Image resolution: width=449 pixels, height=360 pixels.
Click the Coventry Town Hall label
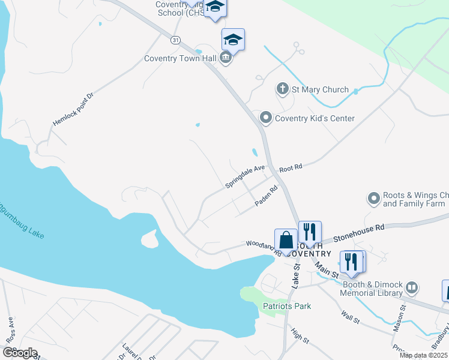179,59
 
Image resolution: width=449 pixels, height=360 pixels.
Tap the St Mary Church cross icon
283,89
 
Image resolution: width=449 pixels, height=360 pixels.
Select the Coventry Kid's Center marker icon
265,118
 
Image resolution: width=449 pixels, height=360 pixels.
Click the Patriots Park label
287,306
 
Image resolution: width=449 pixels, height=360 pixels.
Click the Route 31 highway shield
175,40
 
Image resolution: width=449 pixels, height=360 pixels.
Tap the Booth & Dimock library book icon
412,287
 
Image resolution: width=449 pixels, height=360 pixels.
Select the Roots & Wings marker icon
374,198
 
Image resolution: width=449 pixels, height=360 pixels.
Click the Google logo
20,353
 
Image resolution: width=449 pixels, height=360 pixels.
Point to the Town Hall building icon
225,58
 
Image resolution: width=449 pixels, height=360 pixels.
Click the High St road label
300,335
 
